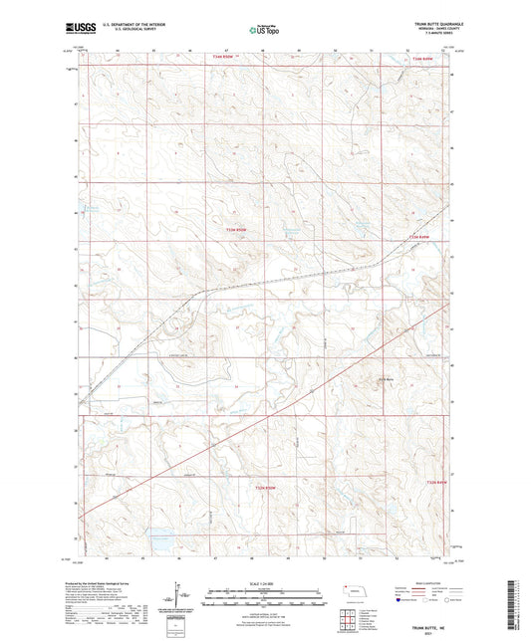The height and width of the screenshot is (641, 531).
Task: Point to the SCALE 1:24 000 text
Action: pyautogui.click(x=264, y=583)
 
